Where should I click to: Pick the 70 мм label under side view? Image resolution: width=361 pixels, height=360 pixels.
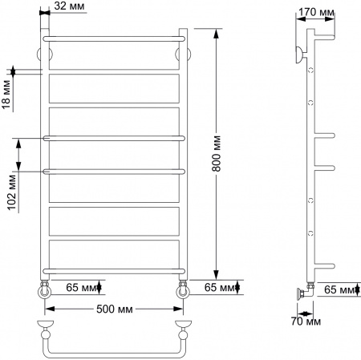click(x=306, y=322)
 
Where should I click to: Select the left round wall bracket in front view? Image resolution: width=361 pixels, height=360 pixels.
click(x=45, y=55)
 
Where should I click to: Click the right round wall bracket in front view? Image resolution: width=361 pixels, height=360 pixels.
click(x=185, y=55)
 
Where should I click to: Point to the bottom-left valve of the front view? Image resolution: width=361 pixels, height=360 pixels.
click(x=44, y=291)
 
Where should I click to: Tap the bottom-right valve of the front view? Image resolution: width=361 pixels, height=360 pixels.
click(x=184, y=291)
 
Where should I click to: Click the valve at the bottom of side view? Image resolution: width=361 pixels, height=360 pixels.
click(x=302, y=294)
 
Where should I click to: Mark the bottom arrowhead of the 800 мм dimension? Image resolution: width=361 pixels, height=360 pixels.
click(x=217, y=272)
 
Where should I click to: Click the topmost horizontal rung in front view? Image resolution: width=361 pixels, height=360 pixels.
click(x=115, y=38)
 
